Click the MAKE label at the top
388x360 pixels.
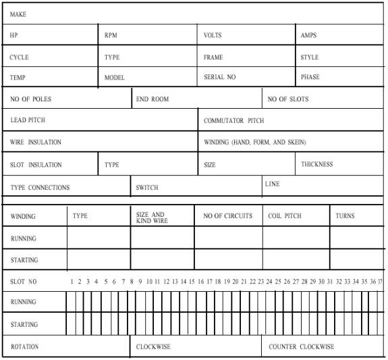click(x=18, y=14)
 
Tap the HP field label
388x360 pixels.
click(x=14, y=35)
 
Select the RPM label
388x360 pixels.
click(x=111, y=35)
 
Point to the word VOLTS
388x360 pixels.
click(x=213, y=35)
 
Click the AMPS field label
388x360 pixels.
click(x=308, y=35)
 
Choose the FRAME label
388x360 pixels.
click(x=213, y=57)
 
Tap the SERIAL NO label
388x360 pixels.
click(x=219, y=77)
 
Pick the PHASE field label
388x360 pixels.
click(x=310, y=77)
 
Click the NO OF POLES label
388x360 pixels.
click(x=30, y=99)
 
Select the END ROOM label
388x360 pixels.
click(x=153, y=99)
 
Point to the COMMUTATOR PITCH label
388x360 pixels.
click(x=234, y=121)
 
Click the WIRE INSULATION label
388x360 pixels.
click(x=36, y=143)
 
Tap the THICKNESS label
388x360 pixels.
click(x=317, y=164)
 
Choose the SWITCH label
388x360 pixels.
click(x=147, y=187)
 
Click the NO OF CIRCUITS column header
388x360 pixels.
click(x=228, y=216)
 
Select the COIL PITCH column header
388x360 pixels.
click(x=284, y=216)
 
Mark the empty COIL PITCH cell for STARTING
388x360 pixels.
click(x=296, y=259)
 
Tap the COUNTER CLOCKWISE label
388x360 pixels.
click(x=301, y=346)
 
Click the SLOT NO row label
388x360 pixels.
click(x=24, y=281)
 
